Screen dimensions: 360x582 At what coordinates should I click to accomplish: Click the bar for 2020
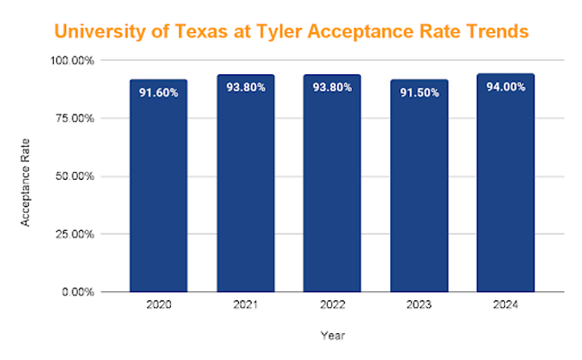(x=158, y=188)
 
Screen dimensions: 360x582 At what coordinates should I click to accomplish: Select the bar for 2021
(x=245, y=188)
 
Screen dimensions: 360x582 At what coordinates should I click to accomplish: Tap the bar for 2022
(x=332, y=188)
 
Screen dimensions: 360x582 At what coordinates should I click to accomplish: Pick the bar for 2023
(x=419, y=188)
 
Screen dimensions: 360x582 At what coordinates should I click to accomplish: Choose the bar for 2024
(x=506, y=188)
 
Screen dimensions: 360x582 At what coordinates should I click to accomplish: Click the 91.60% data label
(x=158, y=91)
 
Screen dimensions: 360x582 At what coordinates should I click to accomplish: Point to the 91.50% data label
(x=419, y=91)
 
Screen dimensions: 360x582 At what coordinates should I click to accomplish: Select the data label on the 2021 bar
(x=245, y=90)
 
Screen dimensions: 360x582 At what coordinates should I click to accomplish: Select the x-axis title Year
(x=332, y=337)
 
